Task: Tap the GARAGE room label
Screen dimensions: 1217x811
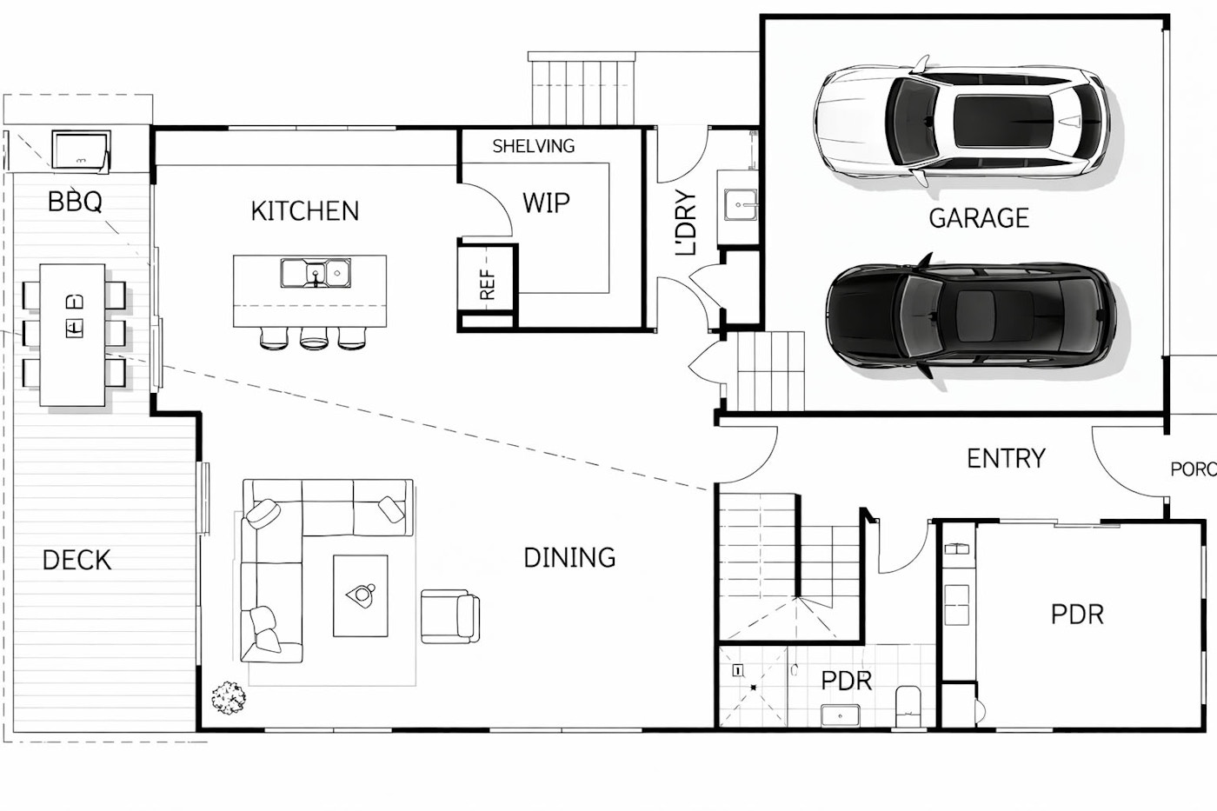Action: coord(979,218)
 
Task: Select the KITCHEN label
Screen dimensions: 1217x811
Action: coord(305,211)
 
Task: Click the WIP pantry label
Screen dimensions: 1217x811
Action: coord(546,203)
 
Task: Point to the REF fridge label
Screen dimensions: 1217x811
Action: coord(488,284)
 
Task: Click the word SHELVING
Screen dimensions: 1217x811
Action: coord(534,146)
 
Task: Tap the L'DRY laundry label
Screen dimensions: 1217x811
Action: coord(685,223)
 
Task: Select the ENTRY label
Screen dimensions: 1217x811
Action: coord(1007,458)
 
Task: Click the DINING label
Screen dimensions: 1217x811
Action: coord(569,558)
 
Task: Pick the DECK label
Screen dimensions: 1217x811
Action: coord(76,560)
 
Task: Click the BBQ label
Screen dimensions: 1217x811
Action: coord(75,202)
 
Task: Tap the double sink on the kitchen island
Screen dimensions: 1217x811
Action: coord(316,273)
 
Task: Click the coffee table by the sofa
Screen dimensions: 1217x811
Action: coord(361,595)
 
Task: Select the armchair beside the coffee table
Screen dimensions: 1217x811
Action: coord(450,616)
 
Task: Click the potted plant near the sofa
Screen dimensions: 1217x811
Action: coord(228,697)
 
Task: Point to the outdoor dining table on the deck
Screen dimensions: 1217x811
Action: coord(73,335)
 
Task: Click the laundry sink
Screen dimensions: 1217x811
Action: coord(740,205)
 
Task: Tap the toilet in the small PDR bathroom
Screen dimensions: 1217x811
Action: coord(908,706)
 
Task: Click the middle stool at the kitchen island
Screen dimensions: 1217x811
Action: coord(314,338)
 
